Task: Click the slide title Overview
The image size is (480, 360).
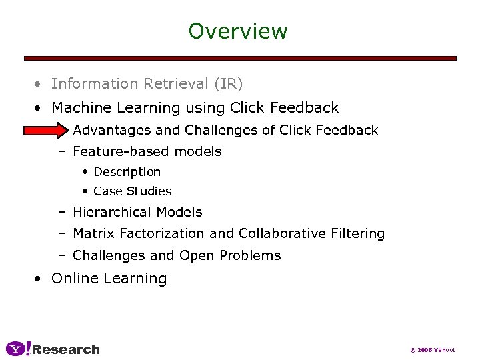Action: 237,31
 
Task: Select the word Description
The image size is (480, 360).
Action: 127,172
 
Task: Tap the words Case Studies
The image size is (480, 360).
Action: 132,191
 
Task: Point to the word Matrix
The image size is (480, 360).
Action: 93,233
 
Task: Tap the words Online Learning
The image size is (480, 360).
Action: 109,278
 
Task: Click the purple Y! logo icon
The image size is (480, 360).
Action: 18,349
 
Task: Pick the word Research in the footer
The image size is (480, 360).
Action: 66,349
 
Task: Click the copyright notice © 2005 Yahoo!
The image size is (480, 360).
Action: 432,350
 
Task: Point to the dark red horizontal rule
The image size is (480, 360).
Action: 240,59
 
